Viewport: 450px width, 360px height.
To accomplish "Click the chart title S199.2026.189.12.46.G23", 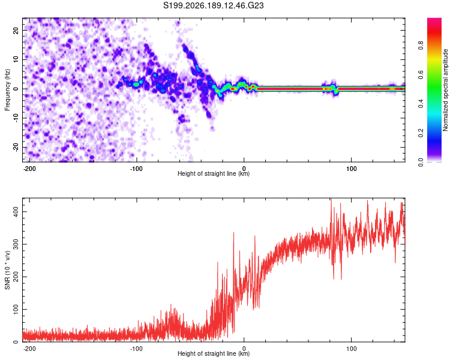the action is point(213,5).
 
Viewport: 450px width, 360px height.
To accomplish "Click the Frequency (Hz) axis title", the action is point(7,90).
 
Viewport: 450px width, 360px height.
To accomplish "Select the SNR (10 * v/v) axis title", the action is point(7,270).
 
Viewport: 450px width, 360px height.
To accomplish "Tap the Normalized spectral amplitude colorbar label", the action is point(445,90).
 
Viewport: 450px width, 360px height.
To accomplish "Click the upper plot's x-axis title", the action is point(214,173).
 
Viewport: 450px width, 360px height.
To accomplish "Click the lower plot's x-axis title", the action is point(214,353).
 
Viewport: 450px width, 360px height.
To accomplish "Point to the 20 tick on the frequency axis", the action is point(16,30).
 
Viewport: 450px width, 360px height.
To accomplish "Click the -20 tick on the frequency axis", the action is point(16,147).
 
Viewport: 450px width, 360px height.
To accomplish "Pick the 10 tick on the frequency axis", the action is point(16,59).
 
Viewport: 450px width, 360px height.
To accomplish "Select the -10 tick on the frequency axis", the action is point(16,118).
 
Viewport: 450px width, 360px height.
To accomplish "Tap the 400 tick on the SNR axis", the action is point(16,212).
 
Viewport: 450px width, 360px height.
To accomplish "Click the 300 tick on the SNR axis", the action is point(16,244).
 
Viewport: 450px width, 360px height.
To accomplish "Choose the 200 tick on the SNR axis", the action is point(16,277).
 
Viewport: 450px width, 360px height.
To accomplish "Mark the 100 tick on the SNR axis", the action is point(16,309).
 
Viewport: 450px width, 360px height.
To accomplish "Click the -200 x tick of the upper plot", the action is point(29,169).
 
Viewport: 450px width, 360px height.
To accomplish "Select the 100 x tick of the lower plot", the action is point(351,349).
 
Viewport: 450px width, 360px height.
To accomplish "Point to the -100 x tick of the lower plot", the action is point(136,349).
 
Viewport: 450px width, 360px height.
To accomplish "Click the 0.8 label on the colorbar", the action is point(421,46).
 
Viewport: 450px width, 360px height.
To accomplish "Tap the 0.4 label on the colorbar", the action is point(421,104).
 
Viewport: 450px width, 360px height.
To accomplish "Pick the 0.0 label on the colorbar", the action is point(421,162).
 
